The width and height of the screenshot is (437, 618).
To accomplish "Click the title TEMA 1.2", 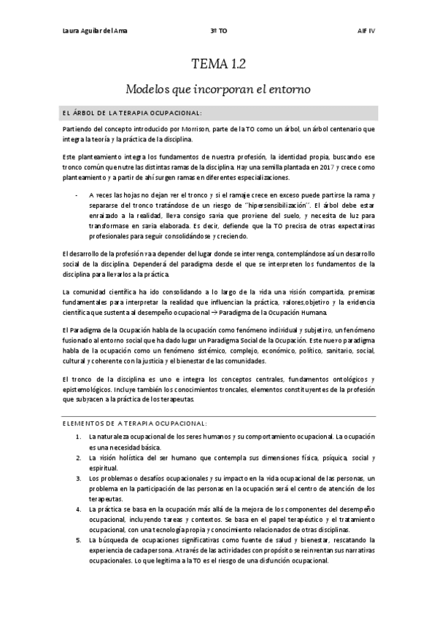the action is tap(218, 64).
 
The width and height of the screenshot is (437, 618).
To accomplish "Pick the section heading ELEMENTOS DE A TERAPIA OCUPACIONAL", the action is tap(136, 423).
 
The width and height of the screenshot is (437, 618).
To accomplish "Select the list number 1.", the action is tap(79, 436).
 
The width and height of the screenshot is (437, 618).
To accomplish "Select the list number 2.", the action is tap(79, 457).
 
